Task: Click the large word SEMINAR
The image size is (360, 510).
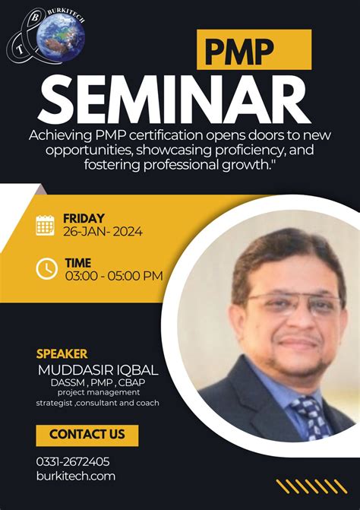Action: point(175,97)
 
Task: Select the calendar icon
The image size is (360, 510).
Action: point(46,225)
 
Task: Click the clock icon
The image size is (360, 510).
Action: point(46,268)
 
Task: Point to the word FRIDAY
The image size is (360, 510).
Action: point(84,218)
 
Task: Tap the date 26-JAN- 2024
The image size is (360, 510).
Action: point(103,232)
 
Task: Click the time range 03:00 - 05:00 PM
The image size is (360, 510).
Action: point(114,276)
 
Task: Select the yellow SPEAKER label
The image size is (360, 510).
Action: point(62,353)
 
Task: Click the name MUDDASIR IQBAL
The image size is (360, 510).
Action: point(97,370)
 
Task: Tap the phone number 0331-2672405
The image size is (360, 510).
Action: point(73,461)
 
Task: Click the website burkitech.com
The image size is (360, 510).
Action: point(75,476)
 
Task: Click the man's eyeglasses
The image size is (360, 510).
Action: point(292,303)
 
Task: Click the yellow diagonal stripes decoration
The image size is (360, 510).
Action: point(311,486)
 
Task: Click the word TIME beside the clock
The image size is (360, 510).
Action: point(77,263)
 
